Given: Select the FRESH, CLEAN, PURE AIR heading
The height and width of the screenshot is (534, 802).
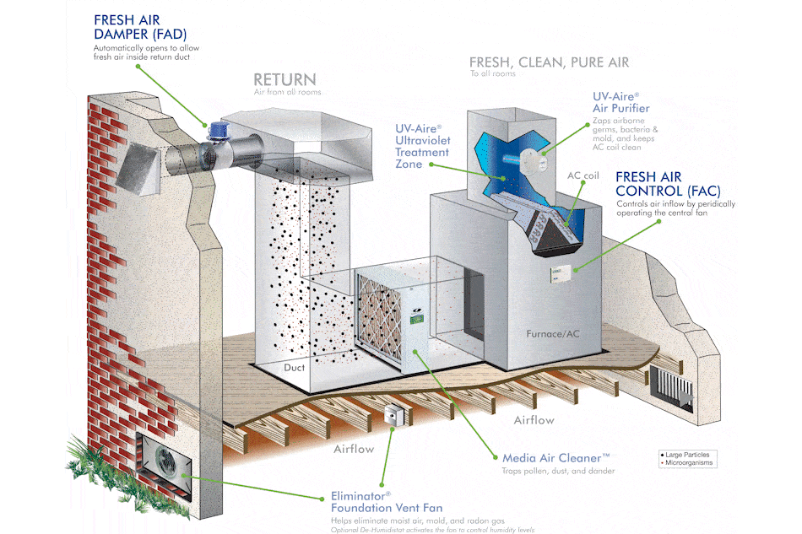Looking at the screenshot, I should click(549, 62).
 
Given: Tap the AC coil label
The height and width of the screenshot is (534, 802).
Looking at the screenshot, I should click(583, 175).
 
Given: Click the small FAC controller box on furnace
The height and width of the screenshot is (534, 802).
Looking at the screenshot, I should click(562, 272).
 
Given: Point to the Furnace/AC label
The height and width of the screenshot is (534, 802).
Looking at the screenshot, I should click(553, 334).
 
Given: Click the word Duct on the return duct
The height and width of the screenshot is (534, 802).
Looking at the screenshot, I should click(295, 368).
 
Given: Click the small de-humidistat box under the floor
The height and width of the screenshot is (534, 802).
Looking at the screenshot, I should click(393, 416).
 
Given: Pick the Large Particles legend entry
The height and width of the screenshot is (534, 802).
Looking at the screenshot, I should click(685, 455).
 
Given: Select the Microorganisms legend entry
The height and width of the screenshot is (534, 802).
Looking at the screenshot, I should click(687, 462).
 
